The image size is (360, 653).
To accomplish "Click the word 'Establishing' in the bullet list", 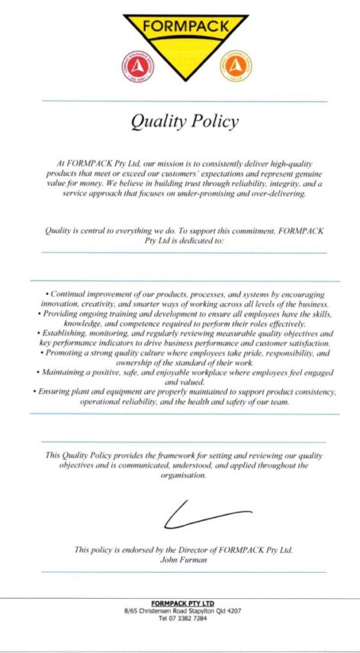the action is click(x=67, y=333).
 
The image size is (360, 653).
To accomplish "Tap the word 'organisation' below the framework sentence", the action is click(x=182, y=474).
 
